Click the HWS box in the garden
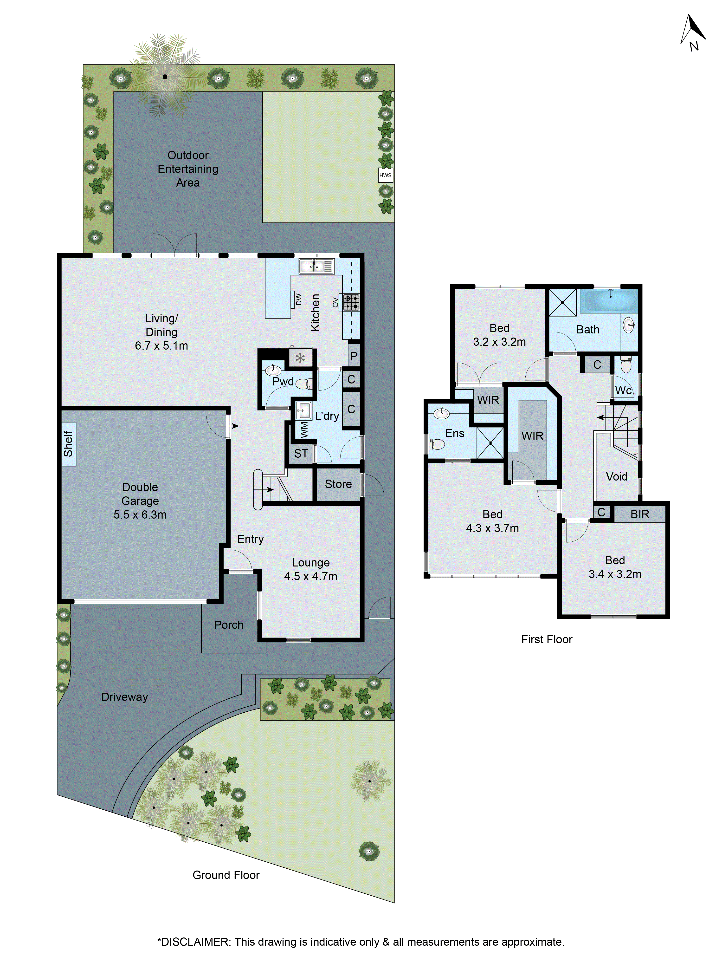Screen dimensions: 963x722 click(385, 176)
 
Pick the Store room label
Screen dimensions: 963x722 click(338, 484)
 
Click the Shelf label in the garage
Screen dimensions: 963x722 click(68, 444)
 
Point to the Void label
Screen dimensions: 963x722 click(617, 477)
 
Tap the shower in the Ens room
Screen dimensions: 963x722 click(490, 443)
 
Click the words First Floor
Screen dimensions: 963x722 click(547, 639)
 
